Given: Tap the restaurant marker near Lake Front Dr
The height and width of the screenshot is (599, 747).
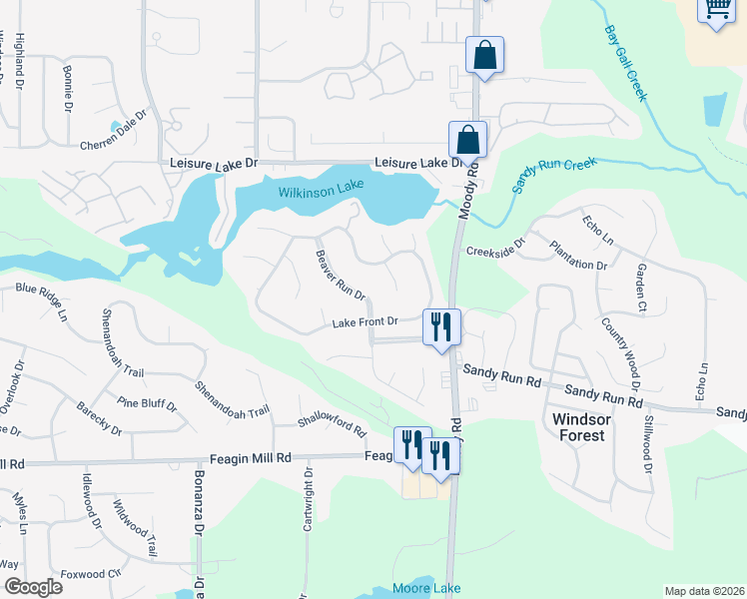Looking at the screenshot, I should point(440,325).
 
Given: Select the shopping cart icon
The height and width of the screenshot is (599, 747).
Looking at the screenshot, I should point(718,10).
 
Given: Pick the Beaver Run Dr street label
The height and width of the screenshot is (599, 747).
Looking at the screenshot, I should point(341,274).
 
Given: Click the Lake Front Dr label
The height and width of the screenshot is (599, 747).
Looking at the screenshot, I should point(366,322).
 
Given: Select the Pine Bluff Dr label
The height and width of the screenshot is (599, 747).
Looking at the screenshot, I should point(146,404).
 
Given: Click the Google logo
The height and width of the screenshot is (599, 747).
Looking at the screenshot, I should point(32,587).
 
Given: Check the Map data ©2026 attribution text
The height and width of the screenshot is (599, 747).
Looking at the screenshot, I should point(704,591).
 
